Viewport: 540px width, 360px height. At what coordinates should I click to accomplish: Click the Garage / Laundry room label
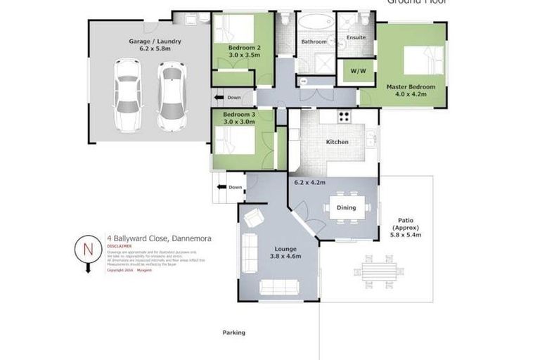point(154,41)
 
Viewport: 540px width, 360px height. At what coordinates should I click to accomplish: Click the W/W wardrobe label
point(348,70)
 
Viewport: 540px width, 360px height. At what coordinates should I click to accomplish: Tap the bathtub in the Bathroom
point(314,23)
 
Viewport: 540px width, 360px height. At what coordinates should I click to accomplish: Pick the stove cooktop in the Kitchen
point(345,117)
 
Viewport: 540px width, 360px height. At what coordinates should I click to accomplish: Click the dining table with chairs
point(346,207)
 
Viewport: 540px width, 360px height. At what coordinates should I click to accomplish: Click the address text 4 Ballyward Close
point(159,238)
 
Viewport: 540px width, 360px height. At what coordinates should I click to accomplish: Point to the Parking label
point(233,333)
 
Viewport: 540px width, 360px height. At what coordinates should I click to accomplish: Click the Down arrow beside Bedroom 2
point(228,98)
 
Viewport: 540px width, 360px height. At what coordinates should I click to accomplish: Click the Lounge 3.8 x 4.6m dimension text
point(285,257)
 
